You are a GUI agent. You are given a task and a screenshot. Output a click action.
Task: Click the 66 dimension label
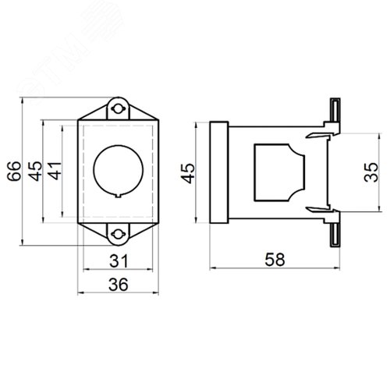pos(14,171)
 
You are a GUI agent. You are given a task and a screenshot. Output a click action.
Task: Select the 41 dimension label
pos(55,171)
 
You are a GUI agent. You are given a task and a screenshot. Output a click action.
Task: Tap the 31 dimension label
pos(119,261)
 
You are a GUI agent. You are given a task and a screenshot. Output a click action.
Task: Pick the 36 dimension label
pos(119,285)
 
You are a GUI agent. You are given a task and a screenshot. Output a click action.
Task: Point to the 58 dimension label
pos(275,260)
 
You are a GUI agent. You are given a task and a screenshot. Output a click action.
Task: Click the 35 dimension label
pos(371,172)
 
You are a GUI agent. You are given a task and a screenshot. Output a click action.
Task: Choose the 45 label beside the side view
pos(187,173)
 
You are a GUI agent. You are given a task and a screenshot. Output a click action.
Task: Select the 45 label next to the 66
pos(35,171)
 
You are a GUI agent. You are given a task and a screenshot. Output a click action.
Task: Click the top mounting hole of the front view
pos(118,108)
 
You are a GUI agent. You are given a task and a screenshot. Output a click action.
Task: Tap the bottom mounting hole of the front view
pos(118,234)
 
